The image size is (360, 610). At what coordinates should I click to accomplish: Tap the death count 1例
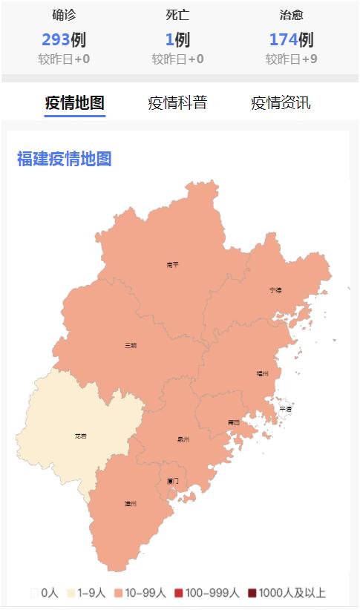177,39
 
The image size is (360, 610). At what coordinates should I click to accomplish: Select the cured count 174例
291,39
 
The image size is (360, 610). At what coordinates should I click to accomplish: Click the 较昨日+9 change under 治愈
291,59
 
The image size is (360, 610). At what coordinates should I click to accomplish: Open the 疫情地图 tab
74,103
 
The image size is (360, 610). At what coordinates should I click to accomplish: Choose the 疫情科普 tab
177,103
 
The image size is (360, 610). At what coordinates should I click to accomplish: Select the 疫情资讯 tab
281,103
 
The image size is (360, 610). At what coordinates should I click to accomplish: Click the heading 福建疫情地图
64,159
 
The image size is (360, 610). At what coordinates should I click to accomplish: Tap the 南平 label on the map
172,264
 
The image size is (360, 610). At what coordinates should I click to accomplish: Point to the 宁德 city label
275,290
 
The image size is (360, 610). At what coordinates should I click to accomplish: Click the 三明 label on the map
131,345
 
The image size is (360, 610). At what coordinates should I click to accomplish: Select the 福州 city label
262,374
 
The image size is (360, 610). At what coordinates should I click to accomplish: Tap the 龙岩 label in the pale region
80,436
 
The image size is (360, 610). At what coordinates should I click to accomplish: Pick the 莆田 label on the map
233,422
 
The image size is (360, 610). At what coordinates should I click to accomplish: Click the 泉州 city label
183,439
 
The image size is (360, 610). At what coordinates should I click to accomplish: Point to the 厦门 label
172,481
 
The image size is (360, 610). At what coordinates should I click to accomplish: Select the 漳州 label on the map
130,504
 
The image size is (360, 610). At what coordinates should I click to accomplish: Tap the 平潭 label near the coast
285,409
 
